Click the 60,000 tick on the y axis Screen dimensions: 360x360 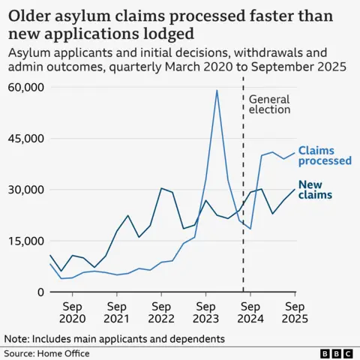pyautogui.click(x=24, y=88)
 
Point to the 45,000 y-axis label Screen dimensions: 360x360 pyautogui.click(x=24, y=139)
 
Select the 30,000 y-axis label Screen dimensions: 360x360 pyautogui.click(x=24, y=190)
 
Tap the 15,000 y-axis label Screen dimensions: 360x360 pyautogui.click(x=24, y=241)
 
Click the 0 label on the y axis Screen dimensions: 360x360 pyautogui.click(x=39, y=292)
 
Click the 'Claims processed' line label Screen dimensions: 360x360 pyautogui.click(x=324, y=155)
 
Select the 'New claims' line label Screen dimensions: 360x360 pyautogui.click(x=315, y=190)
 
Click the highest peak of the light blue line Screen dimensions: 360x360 pyautogui.click(x=217, y=91)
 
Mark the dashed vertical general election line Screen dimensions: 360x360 pyautogui.click(x=244, y=225)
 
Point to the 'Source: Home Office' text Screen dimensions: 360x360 pyautogui.click(x=46, y=353)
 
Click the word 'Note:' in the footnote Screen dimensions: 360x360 pyautogui.click(x=18, y=339)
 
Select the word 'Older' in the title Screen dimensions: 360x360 pyautogui.click(x=31, y=15)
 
